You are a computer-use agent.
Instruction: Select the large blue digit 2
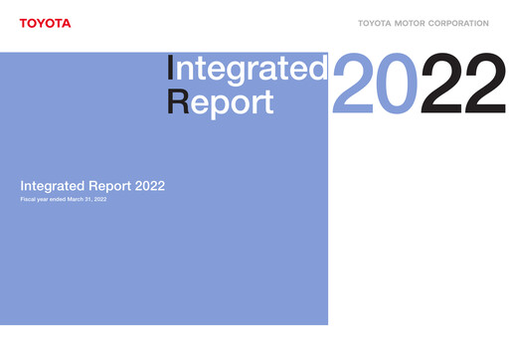354,84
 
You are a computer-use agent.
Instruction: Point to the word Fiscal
29,201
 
